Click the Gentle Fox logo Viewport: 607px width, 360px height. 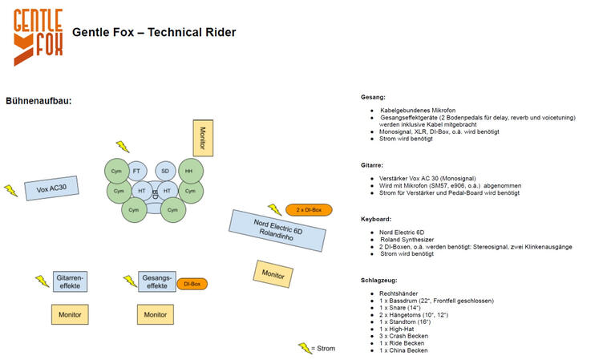(38, 37)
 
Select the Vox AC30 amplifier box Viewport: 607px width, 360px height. (51, 188)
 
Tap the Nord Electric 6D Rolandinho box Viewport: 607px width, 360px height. (277, 231)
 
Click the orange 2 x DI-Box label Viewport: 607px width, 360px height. (309, 210)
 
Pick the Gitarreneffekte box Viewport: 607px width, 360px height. (70, 281)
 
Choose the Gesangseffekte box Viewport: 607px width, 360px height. (157, 281)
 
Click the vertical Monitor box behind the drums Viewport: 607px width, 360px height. (203, 138)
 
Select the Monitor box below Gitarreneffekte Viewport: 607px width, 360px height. (70, 314)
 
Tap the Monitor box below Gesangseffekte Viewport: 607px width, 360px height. (156, 314)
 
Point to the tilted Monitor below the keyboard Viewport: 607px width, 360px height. (273, 274)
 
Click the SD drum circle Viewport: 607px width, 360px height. (165, 171)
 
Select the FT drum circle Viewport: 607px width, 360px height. (136, 171)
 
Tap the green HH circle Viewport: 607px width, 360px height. (191, 171)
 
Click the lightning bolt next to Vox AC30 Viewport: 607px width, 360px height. (11, 191)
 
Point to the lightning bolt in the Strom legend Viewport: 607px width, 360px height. (305, 348)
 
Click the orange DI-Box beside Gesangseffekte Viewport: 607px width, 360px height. (192, 284)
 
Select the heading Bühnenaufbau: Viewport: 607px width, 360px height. (38, 101)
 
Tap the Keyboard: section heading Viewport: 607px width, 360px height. (376, 219)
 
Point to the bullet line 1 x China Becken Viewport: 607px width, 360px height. (403, 350)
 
